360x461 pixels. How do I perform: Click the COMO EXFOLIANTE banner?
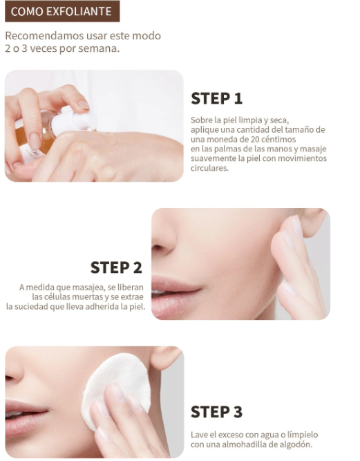coord(61,12)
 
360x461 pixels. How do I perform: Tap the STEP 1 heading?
coord(216,98)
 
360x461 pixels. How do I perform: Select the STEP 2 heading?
coord(116,267)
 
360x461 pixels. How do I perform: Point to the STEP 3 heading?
coord(216,412)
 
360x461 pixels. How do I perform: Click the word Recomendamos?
coord(39,36)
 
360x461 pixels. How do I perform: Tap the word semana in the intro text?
coord(100,49)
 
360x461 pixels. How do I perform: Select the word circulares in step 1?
coord(209,168)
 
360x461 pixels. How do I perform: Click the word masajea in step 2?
coord(93,287)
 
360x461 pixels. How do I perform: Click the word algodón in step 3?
coord(294,444)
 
